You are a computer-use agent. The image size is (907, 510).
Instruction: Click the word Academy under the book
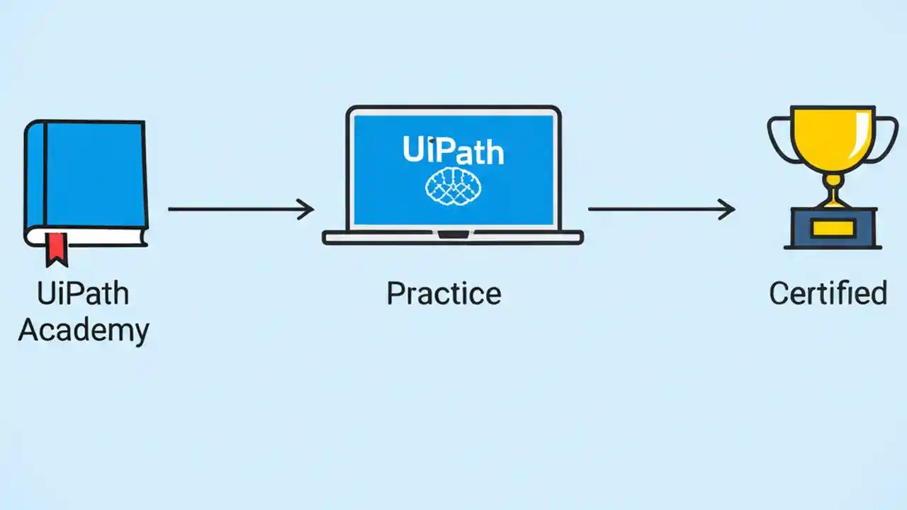[x=84, y=330]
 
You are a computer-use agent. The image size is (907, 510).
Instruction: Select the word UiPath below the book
[x=84, y=293]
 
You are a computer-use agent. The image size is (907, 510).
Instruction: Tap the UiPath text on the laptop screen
[x=453, y=150]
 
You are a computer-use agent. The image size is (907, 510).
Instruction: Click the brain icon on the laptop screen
[x=453, y=187]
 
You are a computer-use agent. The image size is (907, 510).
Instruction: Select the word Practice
[x=444, y=293]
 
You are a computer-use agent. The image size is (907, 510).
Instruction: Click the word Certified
[x=828, y=293]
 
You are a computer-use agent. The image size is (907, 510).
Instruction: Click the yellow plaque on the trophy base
[x=833, y=227]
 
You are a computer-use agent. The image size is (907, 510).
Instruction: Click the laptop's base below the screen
[x=453, y=237]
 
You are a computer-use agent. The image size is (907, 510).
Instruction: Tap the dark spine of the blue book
[x=36, y=177]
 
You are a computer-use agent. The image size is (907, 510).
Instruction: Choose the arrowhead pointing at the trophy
[x=728, y=209]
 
